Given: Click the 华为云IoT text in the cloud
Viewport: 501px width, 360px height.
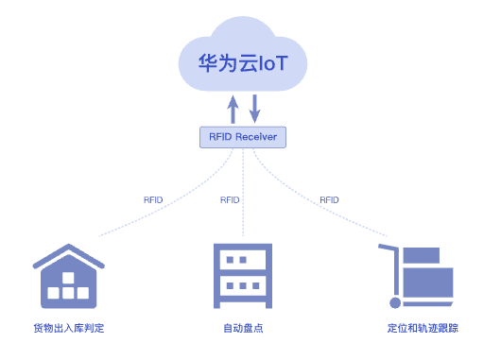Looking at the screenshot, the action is (x=243, y=62).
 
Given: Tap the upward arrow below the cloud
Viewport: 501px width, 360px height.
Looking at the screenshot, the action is (x=233, y=109).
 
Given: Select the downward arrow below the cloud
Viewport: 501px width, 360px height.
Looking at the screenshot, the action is (x=254, y=109).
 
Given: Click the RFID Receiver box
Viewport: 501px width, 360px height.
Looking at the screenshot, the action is (x=243, y=137).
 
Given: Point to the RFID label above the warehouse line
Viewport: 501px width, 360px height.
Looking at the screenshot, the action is (x=153, y=200).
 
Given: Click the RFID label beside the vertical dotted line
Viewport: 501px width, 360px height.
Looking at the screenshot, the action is (x=230, y=200).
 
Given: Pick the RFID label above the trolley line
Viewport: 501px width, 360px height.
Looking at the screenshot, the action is (x=329, y=200).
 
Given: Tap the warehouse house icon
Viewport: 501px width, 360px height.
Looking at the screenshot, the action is (x=69, y=276).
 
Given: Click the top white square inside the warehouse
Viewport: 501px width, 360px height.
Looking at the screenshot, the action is (x=68, y=278).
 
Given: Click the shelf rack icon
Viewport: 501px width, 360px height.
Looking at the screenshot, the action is (x=243, y=276).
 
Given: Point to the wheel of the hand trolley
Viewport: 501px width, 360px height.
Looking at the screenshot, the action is (x=395, y=302).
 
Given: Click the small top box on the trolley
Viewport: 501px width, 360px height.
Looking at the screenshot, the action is (x=422, y=255).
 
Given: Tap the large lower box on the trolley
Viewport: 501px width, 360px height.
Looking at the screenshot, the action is (x=428, y=283).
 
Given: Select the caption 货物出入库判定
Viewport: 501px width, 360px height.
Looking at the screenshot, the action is (x=69, y=328).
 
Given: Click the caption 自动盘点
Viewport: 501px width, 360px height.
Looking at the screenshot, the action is (x=243, y=328).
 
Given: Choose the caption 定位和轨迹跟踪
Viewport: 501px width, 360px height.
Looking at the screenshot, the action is (x=423, y=328).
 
